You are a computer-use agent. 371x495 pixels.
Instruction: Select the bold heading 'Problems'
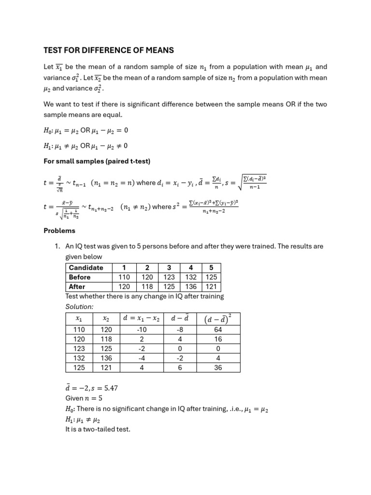coord(59,231)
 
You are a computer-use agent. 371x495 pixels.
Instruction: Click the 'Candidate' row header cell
coord(86,268)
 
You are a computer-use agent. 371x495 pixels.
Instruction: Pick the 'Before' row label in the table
coord(80,277)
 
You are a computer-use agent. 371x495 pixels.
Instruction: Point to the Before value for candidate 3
coord(169,277)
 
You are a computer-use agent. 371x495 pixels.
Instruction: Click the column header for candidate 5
coord(211,268)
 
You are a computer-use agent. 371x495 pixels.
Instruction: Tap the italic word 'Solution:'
coord(79,306)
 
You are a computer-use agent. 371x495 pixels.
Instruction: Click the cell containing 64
coord(218,330)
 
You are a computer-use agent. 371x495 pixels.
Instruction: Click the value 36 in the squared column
coord(218,367)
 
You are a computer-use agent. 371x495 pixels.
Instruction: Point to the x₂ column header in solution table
coord(106,319)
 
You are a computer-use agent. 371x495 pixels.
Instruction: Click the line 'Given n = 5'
coord(84,399)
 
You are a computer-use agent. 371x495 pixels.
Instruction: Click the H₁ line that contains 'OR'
coord(86,146)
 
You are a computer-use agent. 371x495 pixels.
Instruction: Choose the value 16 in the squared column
coord(218,339)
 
